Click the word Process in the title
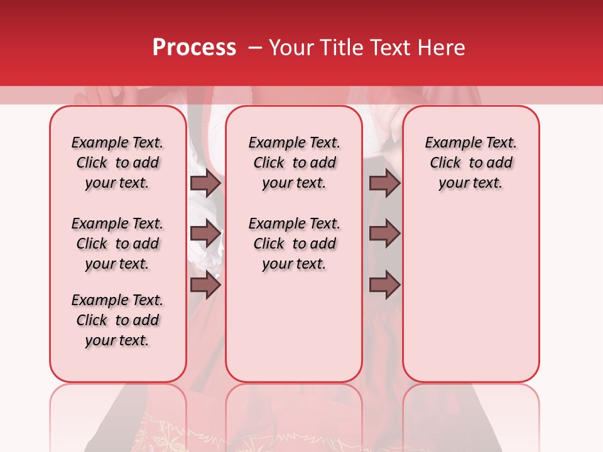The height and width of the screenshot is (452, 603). point(194,48)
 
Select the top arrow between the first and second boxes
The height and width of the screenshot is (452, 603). point(205,183)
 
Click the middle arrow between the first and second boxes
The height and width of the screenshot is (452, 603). point(205,234)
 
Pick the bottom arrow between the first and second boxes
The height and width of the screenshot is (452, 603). point(205,286)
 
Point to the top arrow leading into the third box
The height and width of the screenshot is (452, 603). point(384,183)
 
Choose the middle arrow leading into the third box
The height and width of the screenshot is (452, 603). point(384,234)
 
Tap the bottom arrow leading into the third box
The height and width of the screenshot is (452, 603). point(384,286)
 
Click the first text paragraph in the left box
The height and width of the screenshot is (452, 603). point(117,163)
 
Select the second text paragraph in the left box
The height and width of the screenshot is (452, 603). point(117,244)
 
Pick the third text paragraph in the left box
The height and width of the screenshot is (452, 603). point(117,320)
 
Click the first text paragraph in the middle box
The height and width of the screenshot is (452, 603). point(294,163)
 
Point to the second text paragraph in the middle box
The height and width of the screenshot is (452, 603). point(294,244)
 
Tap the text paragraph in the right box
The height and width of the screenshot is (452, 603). point(470,163)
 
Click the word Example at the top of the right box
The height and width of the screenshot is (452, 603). point(449,143)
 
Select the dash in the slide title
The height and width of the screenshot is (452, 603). point(254,48)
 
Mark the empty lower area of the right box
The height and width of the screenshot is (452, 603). point(470,295)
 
